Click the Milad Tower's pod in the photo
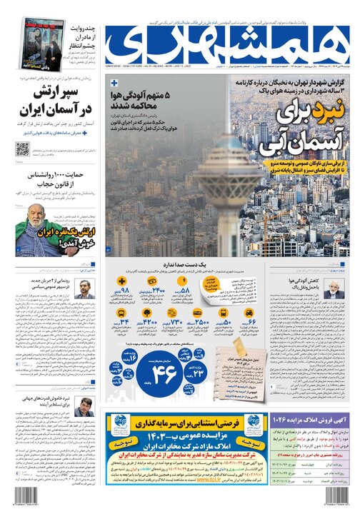click(x=221, y=173)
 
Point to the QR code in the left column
click(x=23, y=150)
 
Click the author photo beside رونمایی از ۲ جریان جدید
click(x=86, y=289)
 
